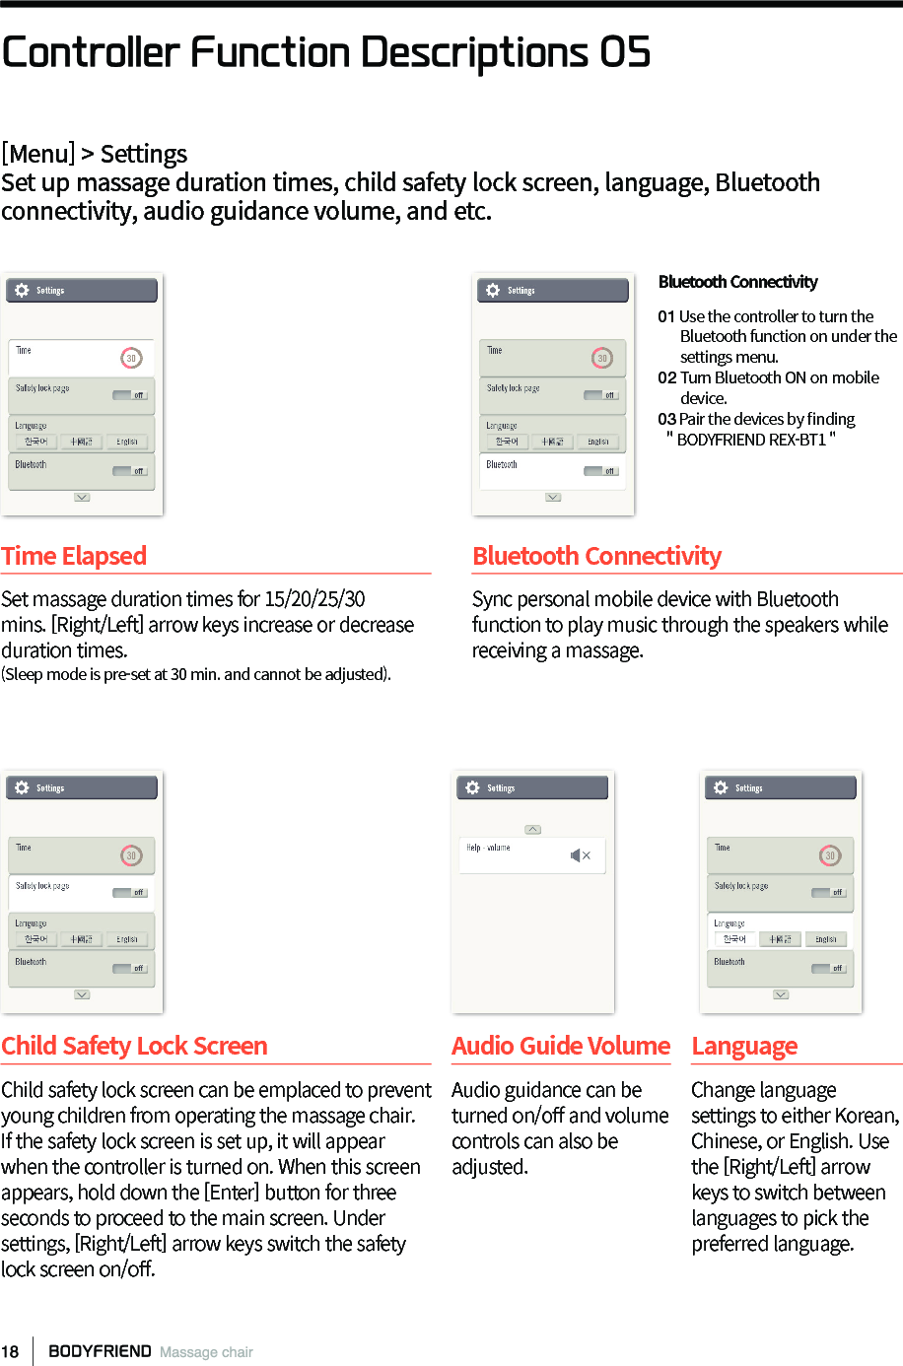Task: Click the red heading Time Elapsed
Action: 74,556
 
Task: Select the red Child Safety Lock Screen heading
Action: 134,1046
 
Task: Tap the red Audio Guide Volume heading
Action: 560,1046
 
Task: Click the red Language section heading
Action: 744,1046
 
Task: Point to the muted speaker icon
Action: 580,855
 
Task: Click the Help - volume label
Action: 488,848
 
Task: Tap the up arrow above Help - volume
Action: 532,830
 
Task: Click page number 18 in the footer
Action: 10,1351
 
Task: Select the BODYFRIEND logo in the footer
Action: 100,1351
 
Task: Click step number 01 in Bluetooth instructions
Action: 666,316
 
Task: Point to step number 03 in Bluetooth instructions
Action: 666,419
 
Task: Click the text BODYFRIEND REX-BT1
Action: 751,440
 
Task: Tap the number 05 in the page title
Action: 626,52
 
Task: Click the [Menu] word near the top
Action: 37,154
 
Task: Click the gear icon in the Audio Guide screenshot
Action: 472,787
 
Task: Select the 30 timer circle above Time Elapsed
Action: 131,358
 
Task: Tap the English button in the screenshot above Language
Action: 826,939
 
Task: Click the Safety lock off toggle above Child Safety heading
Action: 129,893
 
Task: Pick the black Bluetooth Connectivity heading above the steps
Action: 737,282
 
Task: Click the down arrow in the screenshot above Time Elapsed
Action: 82,498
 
